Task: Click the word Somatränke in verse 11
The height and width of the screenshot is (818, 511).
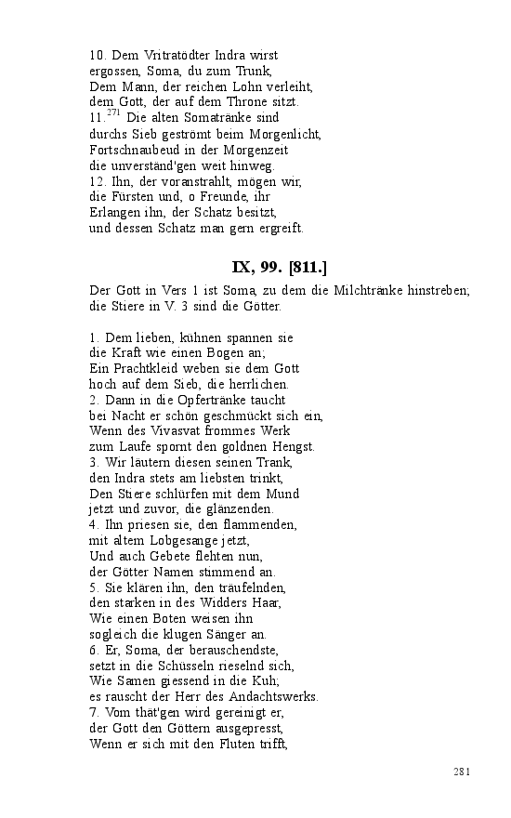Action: [x=216, y=118]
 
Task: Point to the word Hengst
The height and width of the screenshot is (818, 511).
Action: [x=294, y=446]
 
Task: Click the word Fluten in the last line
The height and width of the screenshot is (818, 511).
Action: [x=229, y=744]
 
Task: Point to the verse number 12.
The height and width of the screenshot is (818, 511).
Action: [x=97, y=181]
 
